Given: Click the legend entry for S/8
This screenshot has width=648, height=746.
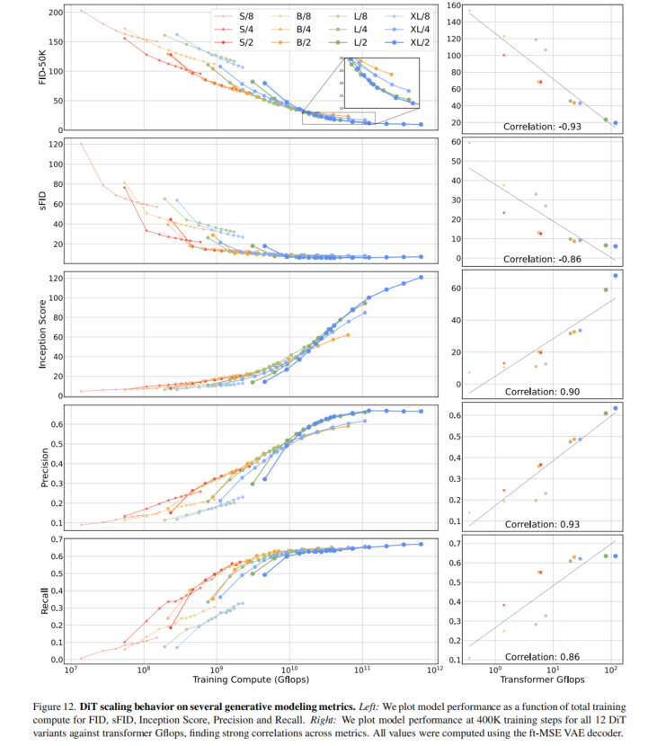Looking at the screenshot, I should [x=245, y=15].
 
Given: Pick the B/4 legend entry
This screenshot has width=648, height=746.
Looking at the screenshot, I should [x=302, y=29].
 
